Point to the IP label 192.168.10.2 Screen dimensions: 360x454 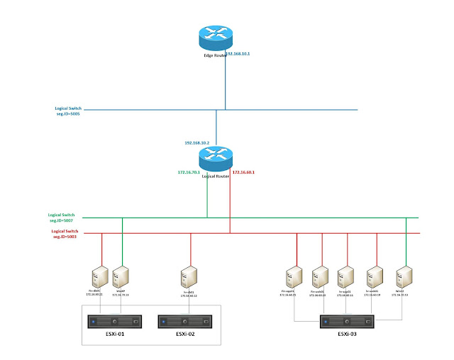[199, 142]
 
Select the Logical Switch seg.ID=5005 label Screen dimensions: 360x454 [68, 111]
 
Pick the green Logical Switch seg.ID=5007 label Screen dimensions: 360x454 [65, 217]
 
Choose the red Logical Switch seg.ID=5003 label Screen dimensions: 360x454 [65, 233]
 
